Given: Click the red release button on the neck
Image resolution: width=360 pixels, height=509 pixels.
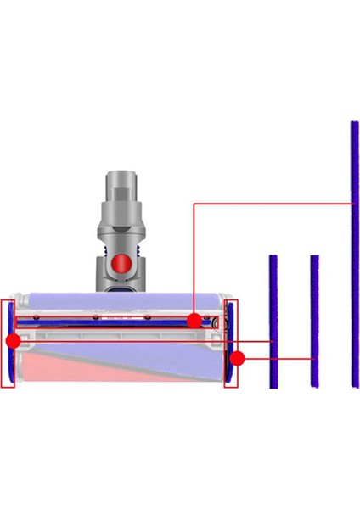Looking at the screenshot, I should pyautogui.click(x=124, y=265).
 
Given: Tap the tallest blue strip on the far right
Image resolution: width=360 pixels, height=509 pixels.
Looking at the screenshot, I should pyautogui.click(x=354, y=255).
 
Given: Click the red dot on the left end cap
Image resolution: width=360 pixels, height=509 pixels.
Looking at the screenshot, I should pyautogui.click(x=13, y=341).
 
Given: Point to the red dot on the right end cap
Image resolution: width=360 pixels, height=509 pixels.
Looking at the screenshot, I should pyautogui.click(x=238, y=358).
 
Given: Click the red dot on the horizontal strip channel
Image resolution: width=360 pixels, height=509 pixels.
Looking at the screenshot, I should pyautogui.click(x=194, y=321).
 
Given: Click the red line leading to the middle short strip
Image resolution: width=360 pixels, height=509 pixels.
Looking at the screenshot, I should pyautogui.click(x=280, y=359).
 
